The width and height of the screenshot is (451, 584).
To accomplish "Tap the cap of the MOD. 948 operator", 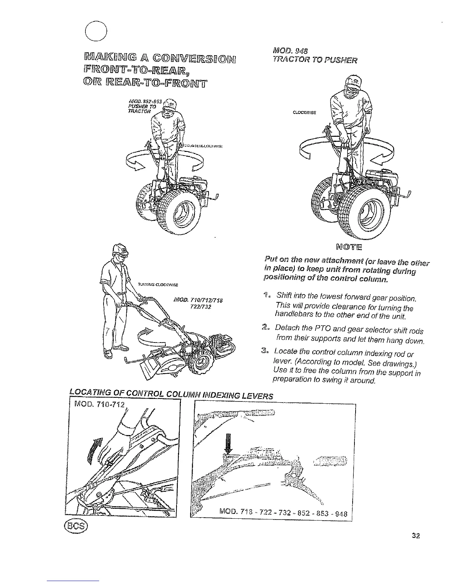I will [x=350, y=83].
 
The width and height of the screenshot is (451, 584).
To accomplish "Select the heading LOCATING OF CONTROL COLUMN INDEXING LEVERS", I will [x=171, y=395].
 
